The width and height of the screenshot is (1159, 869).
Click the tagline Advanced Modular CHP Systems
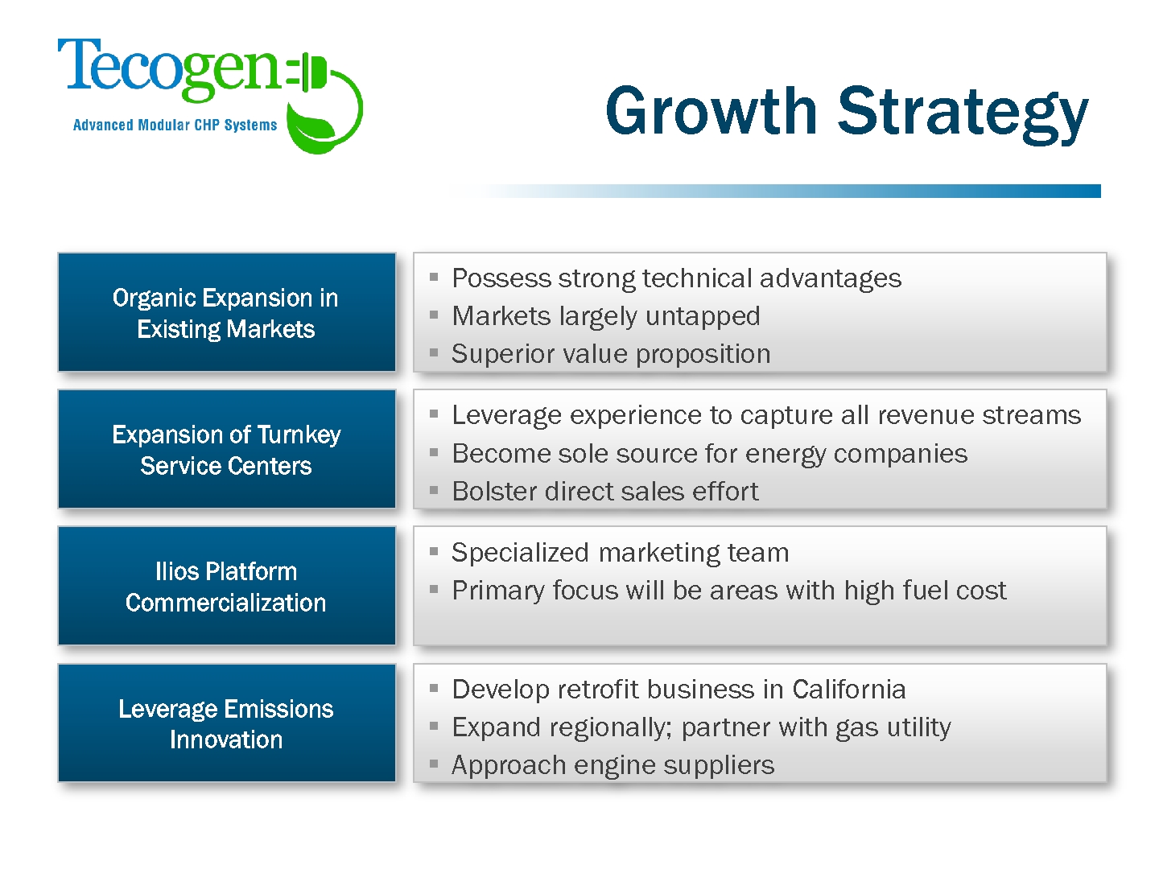(175, 125)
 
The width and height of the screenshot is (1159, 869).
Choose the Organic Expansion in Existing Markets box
(226, 312)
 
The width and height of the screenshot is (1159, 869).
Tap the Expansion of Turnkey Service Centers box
(226, 449)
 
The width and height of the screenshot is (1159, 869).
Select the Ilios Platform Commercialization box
(226, 586)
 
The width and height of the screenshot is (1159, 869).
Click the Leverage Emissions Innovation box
(226, 723)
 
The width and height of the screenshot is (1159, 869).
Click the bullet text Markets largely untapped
(605, 316)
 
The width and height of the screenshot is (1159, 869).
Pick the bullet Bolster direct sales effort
(605, 491)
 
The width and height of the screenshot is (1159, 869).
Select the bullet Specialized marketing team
(621, 554)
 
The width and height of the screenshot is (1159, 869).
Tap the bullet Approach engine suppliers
(613, 765)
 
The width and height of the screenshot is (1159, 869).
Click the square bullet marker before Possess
(434, 277)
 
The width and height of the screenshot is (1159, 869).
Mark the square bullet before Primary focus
(434, 589)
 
